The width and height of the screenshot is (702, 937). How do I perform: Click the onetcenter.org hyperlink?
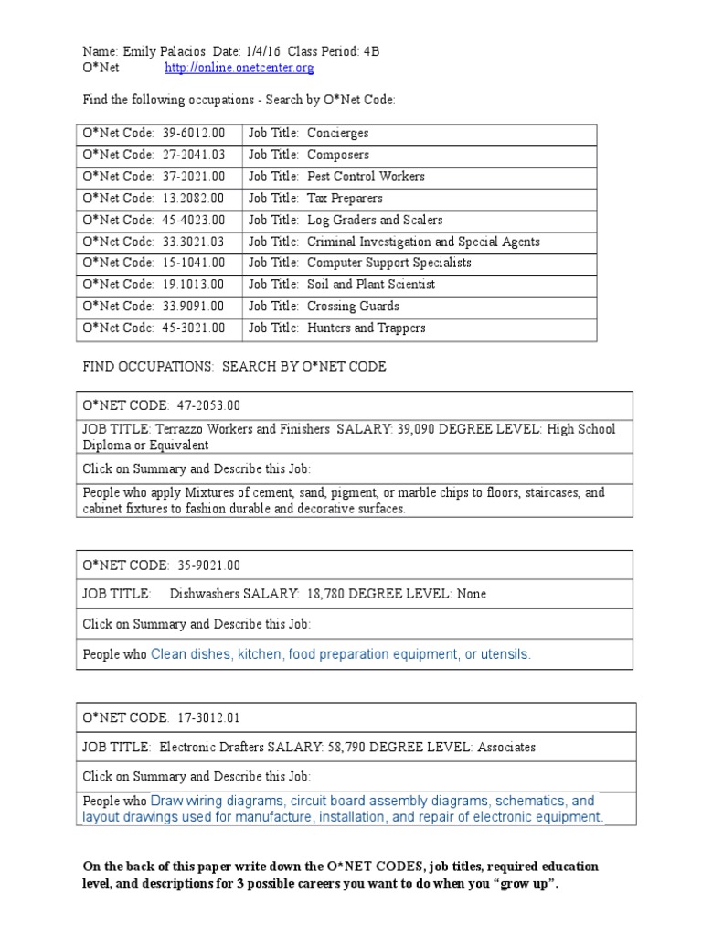[239, 68]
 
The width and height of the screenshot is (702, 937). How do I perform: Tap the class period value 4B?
[371, 51]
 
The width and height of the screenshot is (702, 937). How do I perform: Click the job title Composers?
[338, 155]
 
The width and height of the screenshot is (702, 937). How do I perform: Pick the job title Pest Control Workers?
[366, 177]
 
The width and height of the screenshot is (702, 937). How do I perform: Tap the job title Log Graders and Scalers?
[375, 221]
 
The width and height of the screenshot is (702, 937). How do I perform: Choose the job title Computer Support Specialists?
[389, 263]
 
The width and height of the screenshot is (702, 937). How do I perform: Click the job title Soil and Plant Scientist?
[371, 285]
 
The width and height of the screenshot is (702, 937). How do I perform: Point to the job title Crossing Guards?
[353, 307]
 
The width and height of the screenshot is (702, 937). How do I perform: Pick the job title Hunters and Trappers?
[367, 328]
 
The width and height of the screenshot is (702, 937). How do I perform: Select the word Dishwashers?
[205, 594]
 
